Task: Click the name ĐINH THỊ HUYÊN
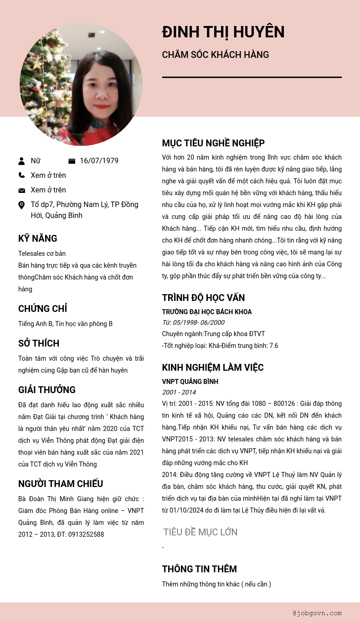223,32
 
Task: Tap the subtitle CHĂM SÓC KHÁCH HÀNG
216,55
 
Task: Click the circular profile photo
81,85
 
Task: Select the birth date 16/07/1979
99,161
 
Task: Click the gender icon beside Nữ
21,161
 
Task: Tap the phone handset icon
21,175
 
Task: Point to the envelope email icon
21,190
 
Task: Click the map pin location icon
21,205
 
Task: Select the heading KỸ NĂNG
38,238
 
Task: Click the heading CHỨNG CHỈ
42,309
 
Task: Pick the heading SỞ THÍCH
39,343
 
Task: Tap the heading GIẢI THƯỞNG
47,390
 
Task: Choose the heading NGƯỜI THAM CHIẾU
61,484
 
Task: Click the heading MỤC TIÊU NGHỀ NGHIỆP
213,143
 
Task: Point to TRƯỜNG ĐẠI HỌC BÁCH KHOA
207,312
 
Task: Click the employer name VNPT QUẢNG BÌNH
190,382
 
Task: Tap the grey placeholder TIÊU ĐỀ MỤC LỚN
201,532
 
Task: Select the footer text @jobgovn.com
317,613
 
